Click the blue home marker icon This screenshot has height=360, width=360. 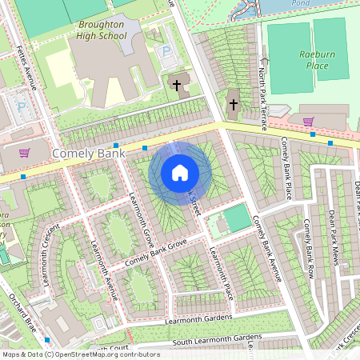[x=180, y=172]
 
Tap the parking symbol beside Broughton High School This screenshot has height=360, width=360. [x=166, y=51]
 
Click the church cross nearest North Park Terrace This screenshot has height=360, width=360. [x=234, y=104]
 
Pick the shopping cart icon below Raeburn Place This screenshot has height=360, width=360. [x=308, y=122]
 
